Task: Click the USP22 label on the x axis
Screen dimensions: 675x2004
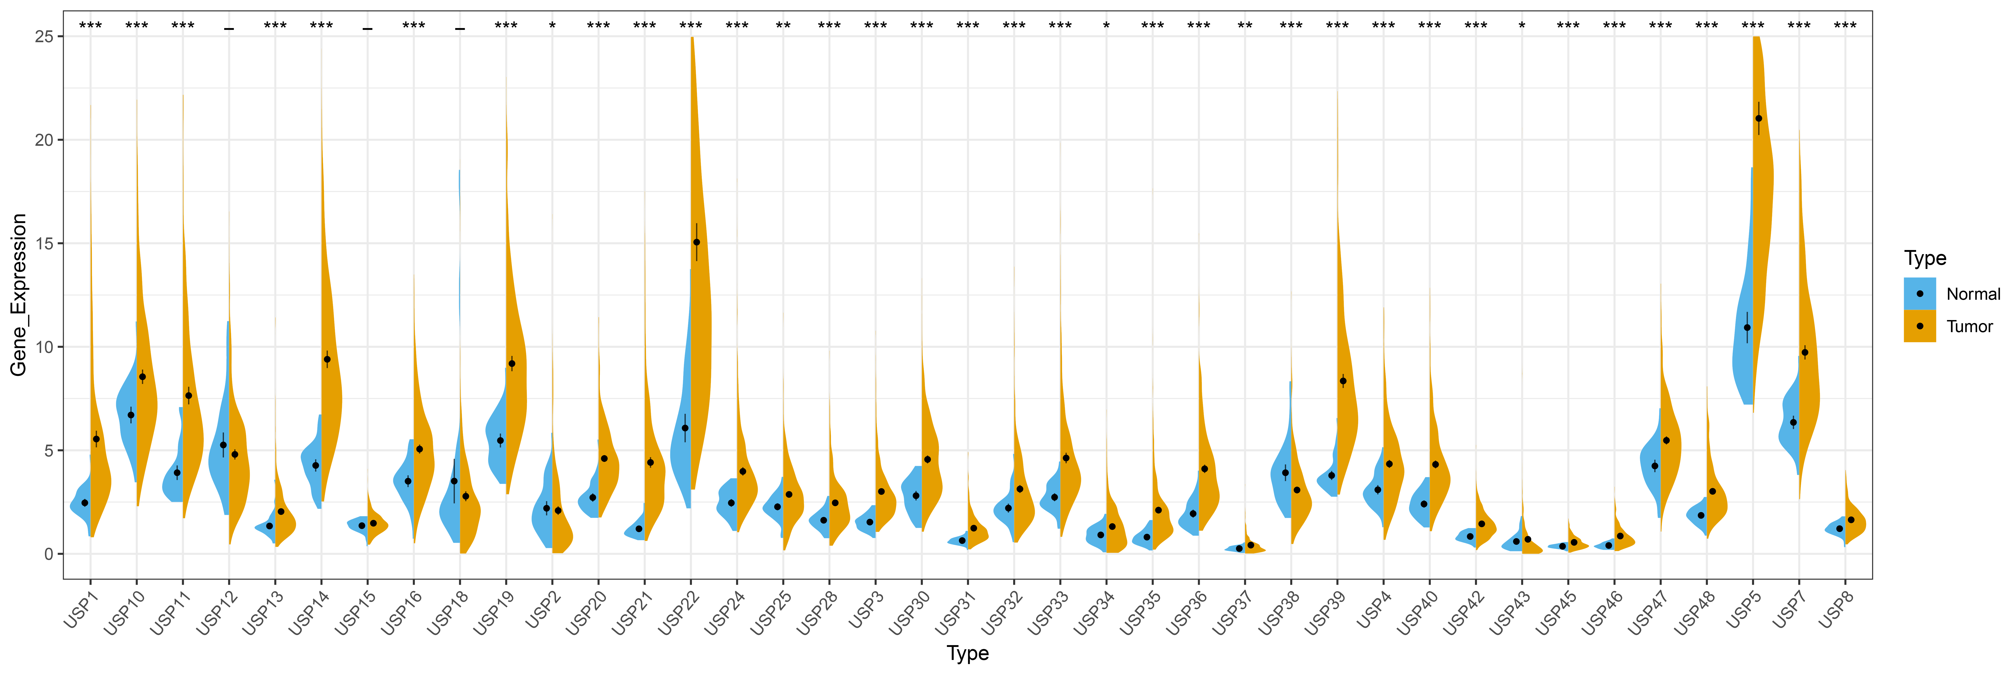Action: click(x=678, y=613)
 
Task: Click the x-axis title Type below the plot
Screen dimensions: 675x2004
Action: click(x=967, y=653)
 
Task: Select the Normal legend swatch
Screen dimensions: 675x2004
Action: click(x=1919, y=294)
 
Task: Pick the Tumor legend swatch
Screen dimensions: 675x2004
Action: click(x=1919, y=326)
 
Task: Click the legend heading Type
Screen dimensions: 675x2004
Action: click(x=1925, y=258)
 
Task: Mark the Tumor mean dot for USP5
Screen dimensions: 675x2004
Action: click(x=1758, y=118)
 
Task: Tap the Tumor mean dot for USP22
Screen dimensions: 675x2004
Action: click(x=696, y=242)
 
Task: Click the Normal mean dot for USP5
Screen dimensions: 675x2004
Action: click(x=1747, y=328)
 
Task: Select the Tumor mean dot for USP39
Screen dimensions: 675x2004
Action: click(x=1343, y=381)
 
